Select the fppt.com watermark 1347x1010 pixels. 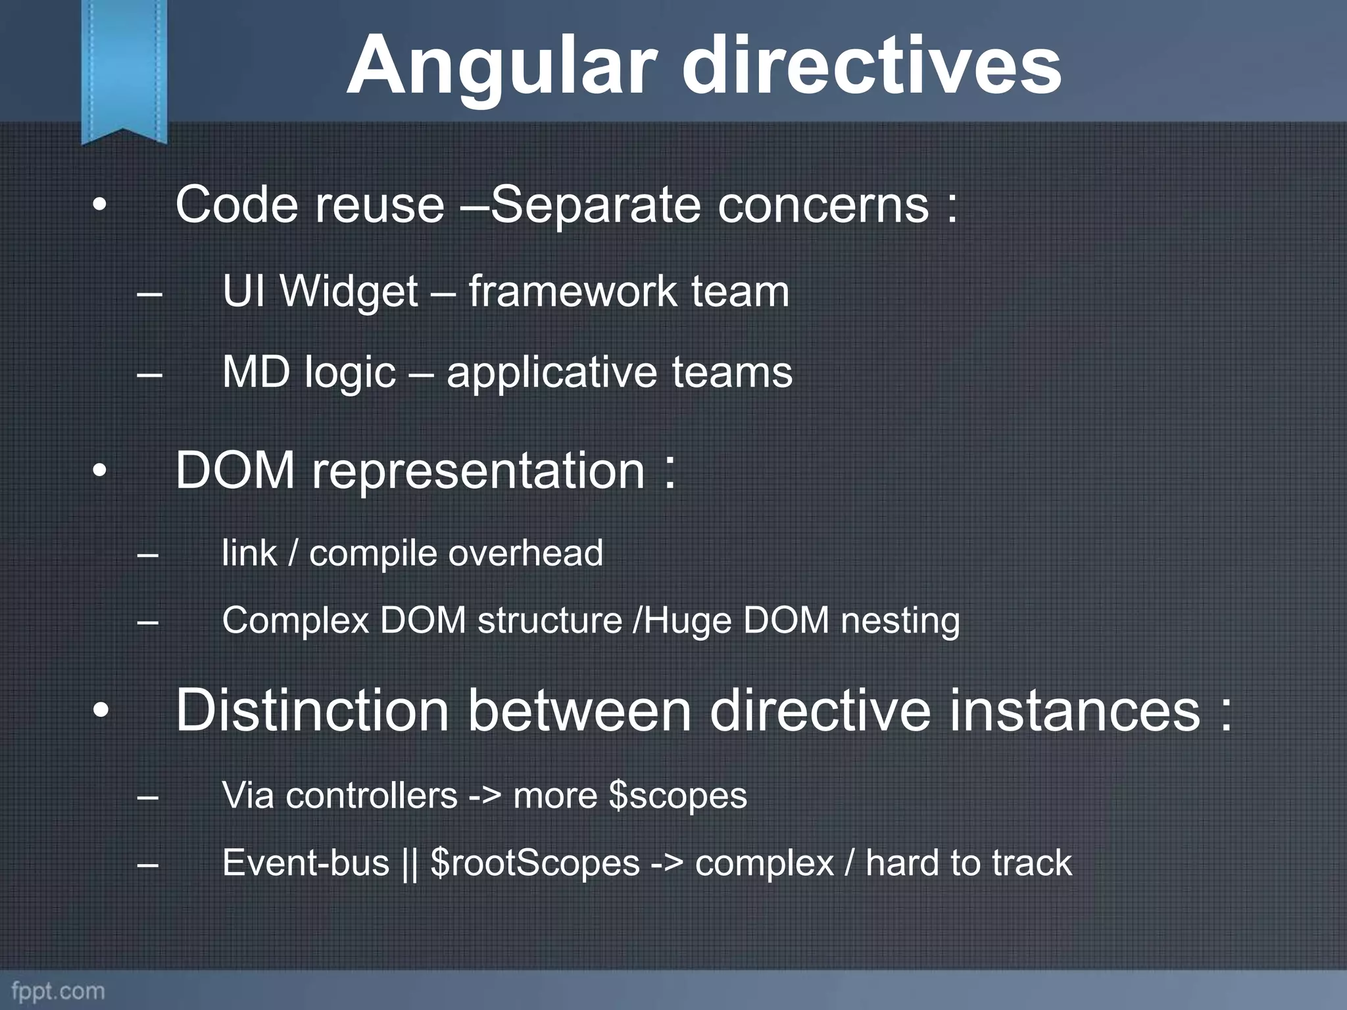click(x=58, y=990)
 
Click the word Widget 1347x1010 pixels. click(x=349, y=291)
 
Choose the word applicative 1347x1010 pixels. click(x=552, y=373)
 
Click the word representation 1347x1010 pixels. click(x=478, y=471)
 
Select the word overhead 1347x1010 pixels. click(x=526, y=552)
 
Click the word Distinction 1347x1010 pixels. click(x=312, y=711)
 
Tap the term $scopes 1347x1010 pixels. click(x=678, y=796)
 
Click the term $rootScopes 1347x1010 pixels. click(x=535, y=863)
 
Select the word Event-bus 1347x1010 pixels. click(x=306, y=863)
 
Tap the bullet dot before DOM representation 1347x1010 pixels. click(x=99, y=471)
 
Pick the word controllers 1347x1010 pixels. click(x=371, y=796)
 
